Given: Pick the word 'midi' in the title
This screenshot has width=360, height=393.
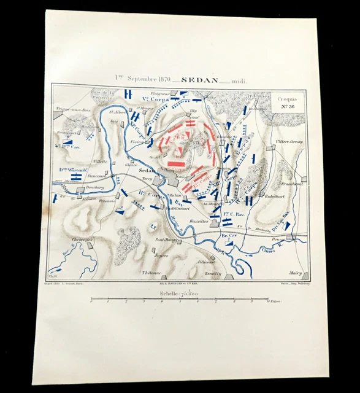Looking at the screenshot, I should (x=226, y=79).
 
